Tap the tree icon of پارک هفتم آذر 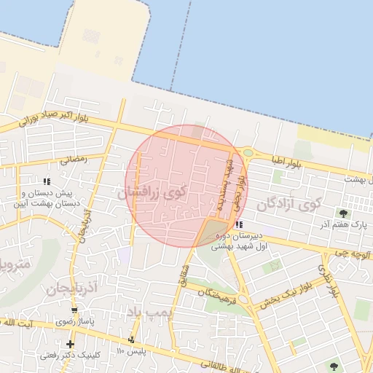343,213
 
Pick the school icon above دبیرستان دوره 240,224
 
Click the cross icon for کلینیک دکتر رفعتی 70,344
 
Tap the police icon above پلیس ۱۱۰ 132,339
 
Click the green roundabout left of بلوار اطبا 248,152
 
